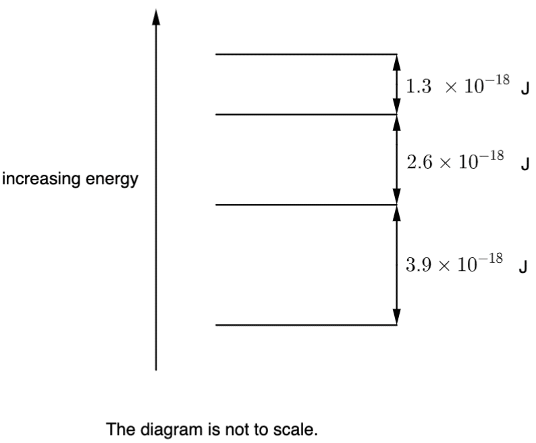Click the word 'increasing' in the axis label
click(x=42, y=179)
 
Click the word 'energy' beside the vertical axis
click(x=112, y=180)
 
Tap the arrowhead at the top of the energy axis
click(x=156, y=17)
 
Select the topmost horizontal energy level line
click(x=306, y=54)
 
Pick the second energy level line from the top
click(x=306, y=114)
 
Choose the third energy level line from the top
click(x=306, y=205)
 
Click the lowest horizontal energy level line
click(x=306, y=325)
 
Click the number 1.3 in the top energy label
click(x=419, y=86)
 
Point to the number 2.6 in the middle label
click(x=419, y=162)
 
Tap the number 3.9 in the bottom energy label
click(x=419, y=265)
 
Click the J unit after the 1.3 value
click(x=525, y=90)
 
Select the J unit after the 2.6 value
click(x=525, y=165)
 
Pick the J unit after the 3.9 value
click(x=523, y=267)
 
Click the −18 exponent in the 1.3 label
click(x=498, y=80)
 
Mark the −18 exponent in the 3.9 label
click(x=491, y=259)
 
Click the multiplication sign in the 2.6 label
click(x=446, y=163)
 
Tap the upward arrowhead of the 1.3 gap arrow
click(x=396, y=63)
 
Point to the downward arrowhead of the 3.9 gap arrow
click(x=396, y=317)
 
